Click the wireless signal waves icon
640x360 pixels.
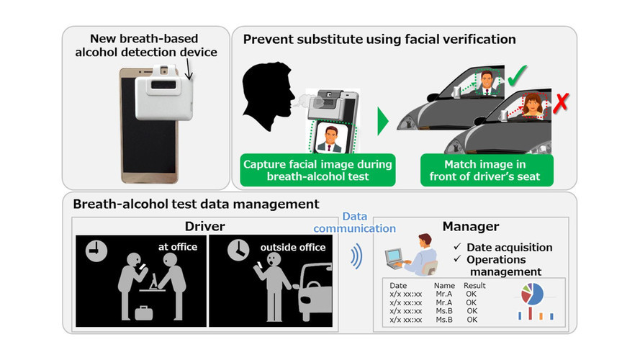(356, 257)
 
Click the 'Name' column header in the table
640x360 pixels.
(445, 286)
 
